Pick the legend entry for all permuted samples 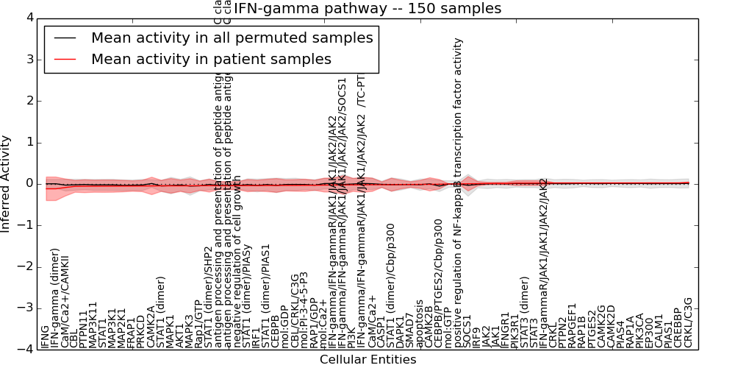[232, 38]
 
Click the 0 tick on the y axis [29, 184]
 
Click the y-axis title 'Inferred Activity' [6, 184]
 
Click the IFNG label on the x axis [46, 336]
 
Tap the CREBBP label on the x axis [678, 329]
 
